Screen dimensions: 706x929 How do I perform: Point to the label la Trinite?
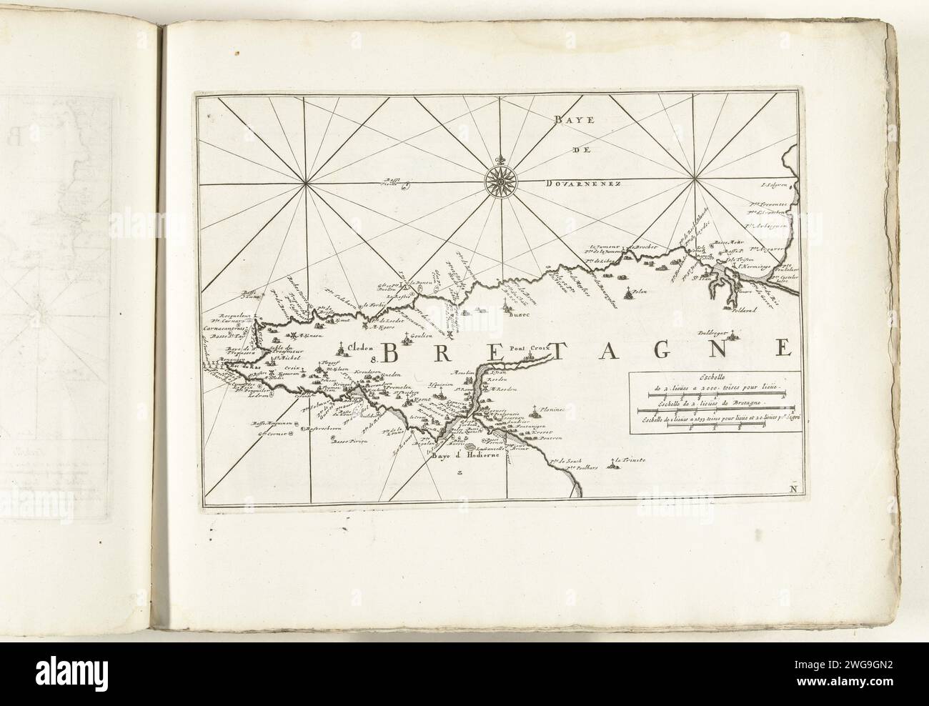pyautogui.click(x=630, y=461)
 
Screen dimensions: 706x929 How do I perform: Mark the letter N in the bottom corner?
pyautogui.click(x=794, y=489)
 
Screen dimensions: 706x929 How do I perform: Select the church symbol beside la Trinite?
pyautogui.click(x=611, y=466)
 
